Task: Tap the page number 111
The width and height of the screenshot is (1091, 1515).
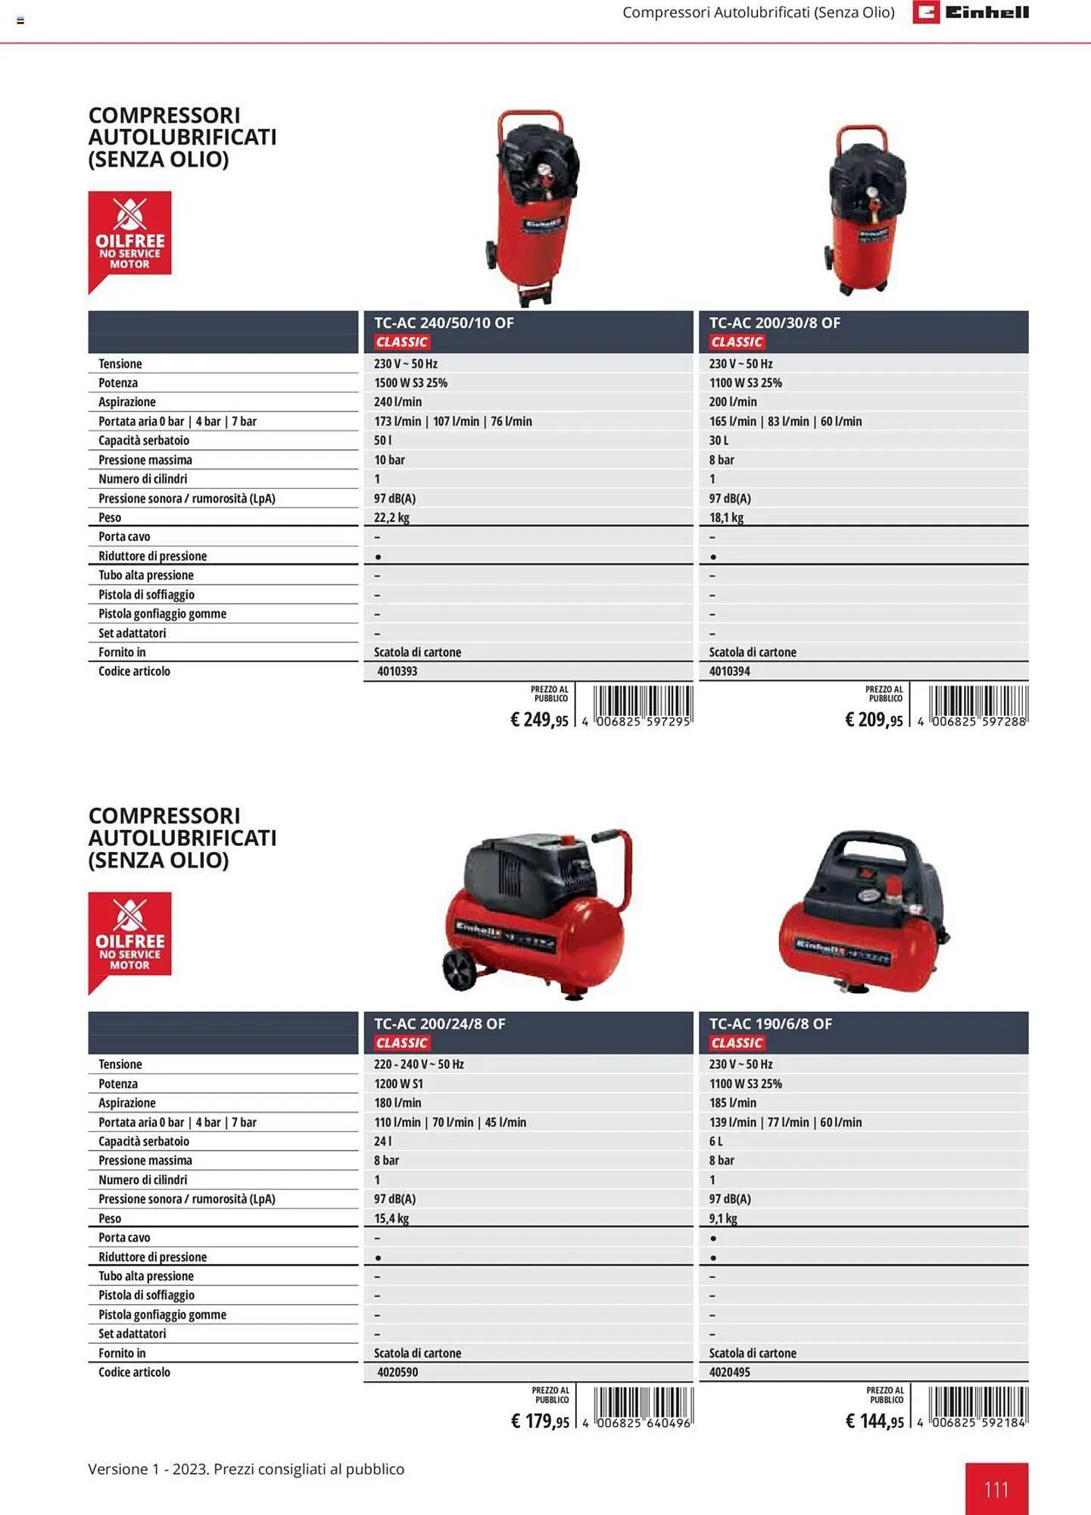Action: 996,1489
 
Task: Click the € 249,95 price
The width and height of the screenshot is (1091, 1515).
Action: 539,720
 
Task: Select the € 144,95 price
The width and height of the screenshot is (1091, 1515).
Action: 874,1421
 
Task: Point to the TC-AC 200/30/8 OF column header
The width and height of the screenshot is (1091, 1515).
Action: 774,323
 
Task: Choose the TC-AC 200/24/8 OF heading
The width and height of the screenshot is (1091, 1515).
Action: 439,1023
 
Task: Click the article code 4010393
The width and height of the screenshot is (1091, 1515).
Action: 397,671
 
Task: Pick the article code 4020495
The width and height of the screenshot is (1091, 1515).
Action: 729,1372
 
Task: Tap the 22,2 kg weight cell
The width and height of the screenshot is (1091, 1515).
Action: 391,517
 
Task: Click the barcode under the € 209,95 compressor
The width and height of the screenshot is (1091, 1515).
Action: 977,704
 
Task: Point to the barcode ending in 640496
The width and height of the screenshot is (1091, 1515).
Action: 643,1406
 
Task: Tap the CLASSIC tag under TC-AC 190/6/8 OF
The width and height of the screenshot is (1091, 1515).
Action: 737,1043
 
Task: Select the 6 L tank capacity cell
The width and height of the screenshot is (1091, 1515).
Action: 715,1141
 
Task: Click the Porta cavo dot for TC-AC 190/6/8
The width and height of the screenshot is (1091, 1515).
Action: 713,1238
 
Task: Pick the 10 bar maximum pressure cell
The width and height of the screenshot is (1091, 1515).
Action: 389,460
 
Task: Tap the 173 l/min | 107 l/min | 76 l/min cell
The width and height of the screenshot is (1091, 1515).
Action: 453,421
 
